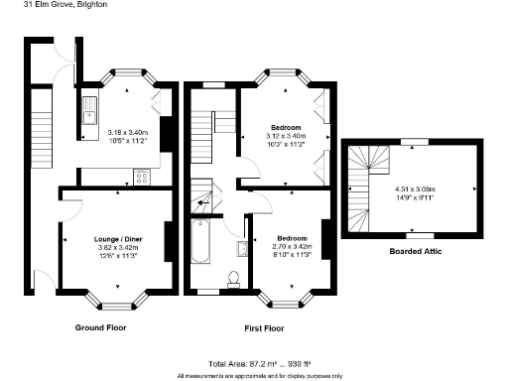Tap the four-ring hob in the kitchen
[141, 179]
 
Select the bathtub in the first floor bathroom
[198, 241]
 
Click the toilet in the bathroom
[234, 278]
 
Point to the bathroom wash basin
[242, 248]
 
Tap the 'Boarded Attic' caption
[415, 252]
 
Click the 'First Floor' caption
[264, 326]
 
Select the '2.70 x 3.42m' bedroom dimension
[293, 247]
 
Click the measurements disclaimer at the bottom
[260, 376]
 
